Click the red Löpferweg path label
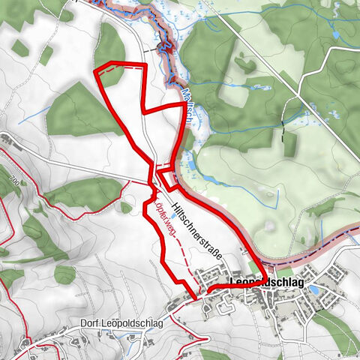[x=164, y=217]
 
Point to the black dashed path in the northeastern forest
[x=284, y=139]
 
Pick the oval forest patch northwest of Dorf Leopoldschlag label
[x=64, y=274]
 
